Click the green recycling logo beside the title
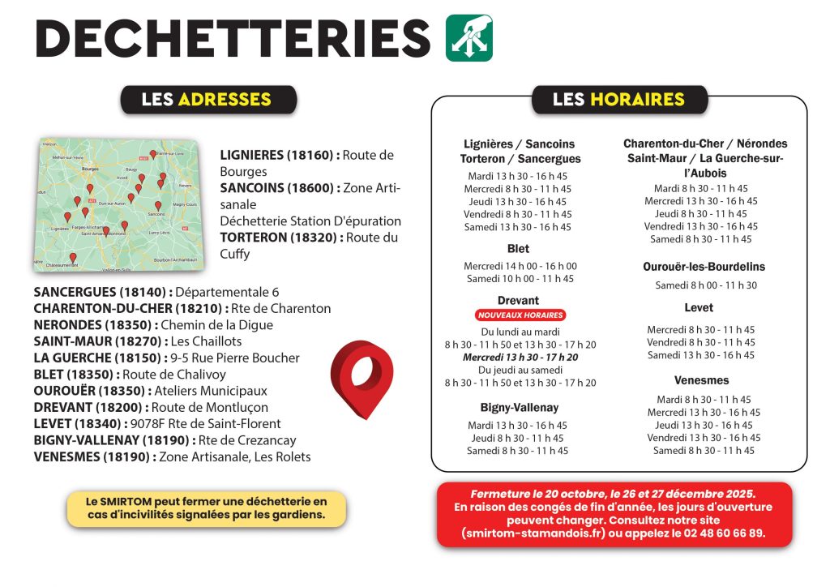click(x=469, y=38)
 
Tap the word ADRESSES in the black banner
click(x=224, y=100)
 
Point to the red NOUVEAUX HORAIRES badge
click(x=519, y=315)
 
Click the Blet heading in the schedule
click(x=518, y=249)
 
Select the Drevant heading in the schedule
click(x=518, y=301)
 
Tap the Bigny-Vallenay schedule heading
click(x=519, y=407)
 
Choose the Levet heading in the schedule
click(x=699, y=308)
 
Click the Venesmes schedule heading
click(x=701, y=380)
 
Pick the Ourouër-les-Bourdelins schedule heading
click(x=704, y=267)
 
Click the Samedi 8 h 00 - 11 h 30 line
click(x=706, y=285)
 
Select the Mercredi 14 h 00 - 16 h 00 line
click(x=520, y=266)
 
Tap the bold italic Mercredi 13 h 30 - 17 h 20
click(x=520, y=357)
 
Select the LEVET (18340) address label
click(x=78, y=423)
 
